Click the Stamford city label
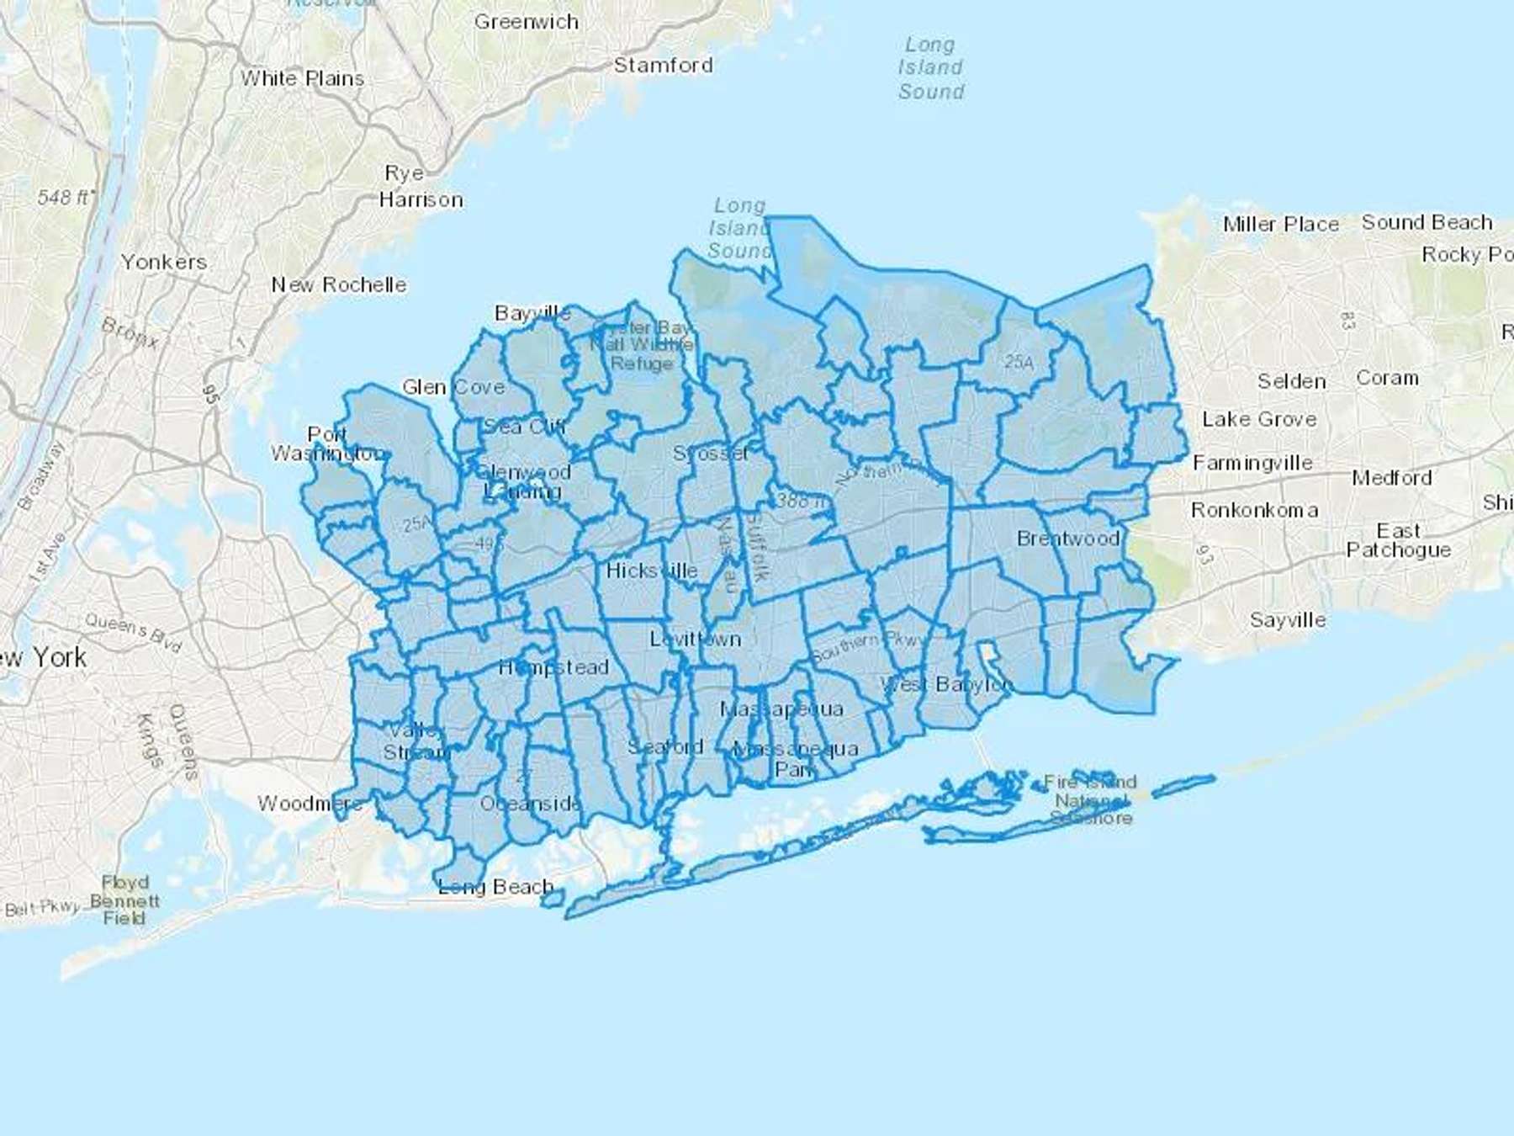(663, 66)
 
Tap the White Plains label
(303, 78)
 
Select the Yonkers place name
(163, 262)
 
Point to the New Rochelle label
(338, 284)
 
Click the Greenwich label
(527, 22)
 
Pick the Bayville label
(532, 314)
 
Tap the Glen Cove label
(453, 387)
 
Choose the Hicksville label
(651, 571)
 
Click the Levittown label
(695, 639)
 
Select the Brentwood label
(1068, 539)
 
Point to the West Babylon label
(946, 684)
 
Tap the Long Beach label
(496, 887)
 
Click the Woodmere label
(310, 804)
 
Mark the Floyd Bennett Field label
(124, 900)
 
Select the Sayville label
(1288, 620)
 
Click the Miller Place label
(1280, 225)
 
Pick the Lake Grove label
(1259, 419)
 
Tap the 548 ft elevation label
(66, 198)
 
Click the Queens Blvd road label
(134, 633)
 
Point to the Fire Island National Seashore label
(1091, 800)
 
